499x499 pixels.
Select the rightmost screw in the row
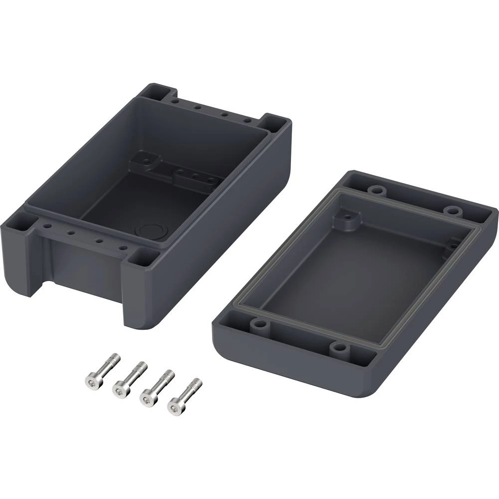click(184, 396)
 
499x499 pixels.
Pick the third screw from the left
click(157, 387)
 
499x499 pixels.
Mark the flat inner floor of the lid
click(349, 279)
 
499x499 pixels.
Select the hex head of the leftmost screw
click(92, 379)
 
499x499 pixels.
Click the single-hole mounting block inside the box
click(146, 160)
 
